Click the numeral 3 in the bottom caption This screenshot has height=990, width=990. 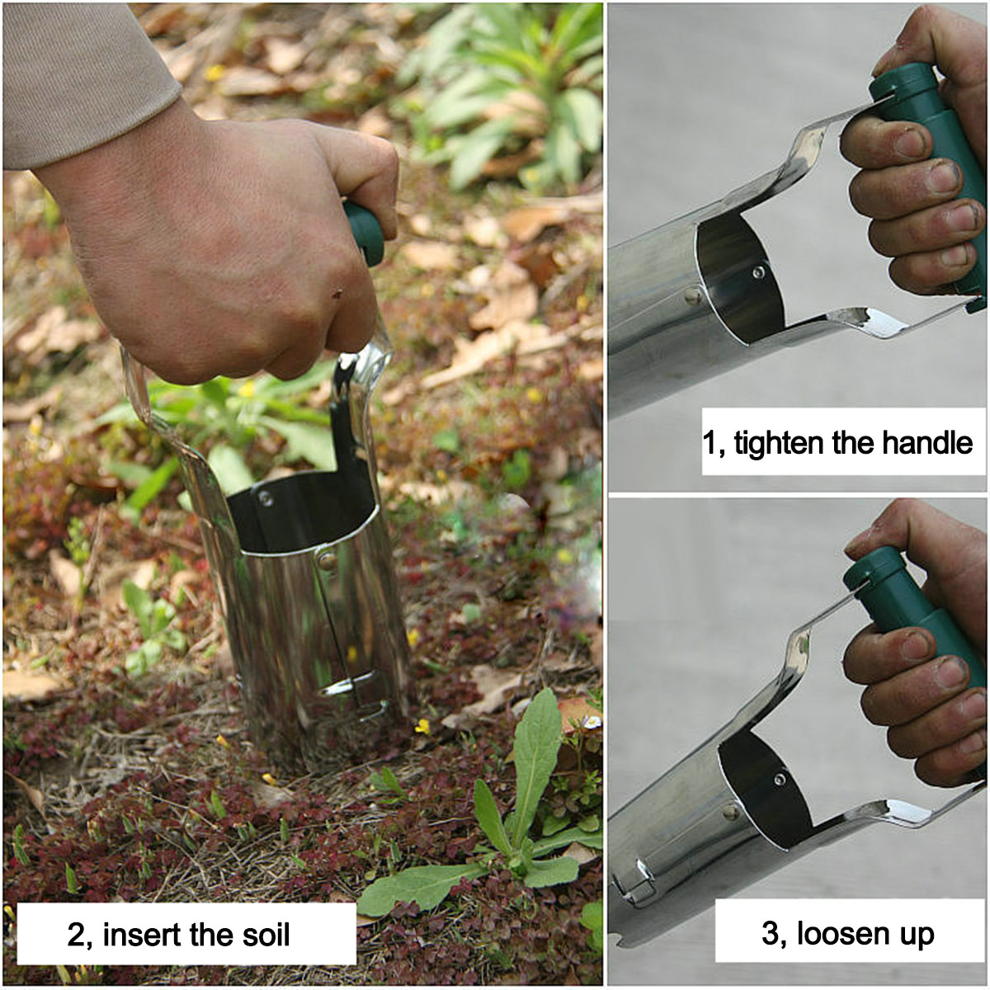click(x=771, y=933)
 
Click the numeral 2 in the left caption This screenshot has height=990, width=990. click(x=77, y=935)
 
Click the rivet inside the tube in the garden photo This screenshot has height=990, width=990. click(x=265, y=497)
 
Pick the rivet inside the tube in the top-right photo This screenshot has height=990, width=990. click(x=758, y=271)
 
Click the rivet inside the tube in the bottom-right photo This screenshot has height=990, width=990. click(x=780, y=779)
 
